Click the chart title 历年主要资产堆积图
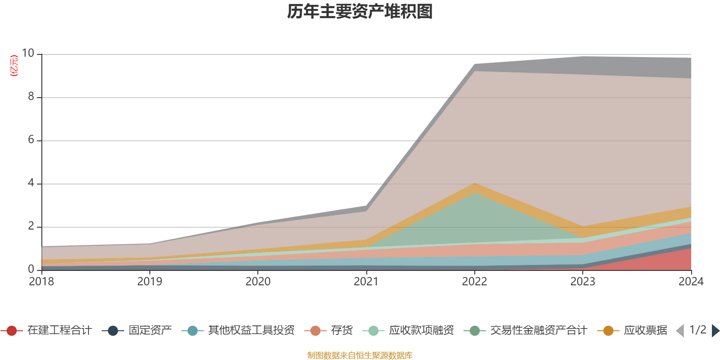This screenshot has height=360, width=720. (x=360, y=12)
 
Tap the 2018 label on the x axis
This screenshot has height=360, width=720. (x=41, y=282)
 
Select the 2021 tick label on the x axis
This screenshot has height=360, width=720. (x=366, y=282)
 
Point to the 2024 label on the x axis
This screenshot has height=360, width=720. (x=691, y=282)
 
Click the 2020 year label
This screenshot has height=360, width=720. (x=258, y=282)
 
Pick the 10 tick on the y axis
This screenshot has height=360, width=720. (x=28, y=54)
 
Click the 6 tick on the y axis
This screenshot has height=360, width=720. (x=31, y=140)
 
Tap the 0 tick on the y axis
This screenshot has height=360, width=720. (x=31, y=270)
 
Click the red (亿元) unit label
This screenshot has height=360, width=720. (x=14, y=66)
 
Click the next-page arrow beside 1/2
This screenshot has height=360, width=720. (x=715, y=331)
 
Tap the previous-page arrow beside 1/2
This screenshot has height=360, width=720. (x=680, y=331)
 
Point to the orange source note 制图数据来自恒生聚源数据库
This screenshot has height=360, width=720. (x=360, y=355)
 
